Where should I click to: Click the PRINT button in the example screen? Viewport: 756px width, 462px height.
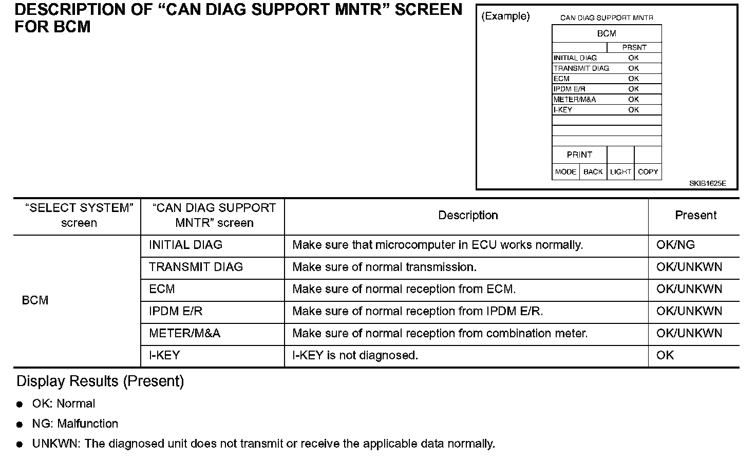point(579,155)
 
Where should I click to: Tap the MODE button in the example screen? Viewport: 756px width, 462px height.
point(565,172)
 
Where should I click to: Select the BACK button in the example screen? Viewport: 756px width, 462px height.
point(593,172)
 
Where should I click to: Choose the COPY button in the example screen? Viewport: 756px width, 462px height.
point(648,172)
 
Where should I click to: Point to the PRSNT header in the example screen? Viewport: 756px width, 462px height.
point(634,47)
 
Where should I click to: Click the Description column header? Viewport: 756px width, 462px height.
point(468,216)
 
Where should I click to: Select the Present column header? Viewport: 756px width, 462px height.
point(695,216)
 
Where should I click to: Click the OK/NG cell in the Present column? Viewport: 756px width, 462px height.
point(675,245)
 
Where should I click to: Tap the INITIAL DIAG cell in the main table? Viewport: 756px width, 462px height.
point(185,245)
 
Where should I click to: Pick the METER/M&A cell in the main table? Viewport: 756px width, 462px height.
point(184,333)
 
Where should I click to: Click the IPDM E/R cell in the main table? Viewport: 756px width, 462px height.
point(176,311)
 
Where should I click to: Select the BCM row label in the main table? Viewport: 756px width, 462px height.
point(35,300)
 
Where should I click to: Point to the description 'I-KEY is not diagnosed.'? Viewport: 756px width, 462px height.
point(355,355)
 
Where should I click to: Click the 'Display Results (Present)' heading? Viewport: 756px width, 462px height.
point(100,381)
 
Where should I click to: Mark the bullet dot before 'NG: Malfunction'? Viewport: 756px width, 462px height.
point(20,425)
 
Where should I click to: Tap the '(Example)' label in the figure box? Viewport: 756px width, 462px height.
point(505,16)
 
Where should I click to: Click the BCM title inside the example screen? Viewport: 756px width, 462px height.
point(607,33)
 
